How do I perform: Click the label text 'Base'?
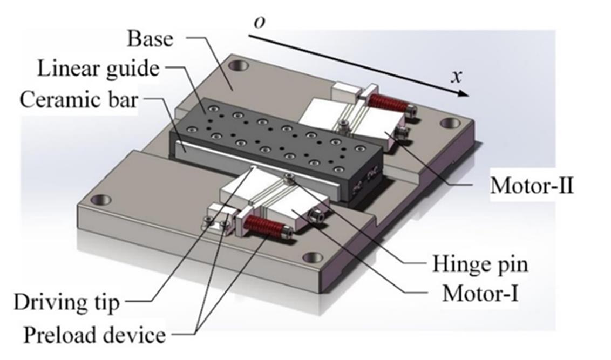click(x=150, y=39)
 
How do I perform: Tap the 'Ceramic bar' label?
click(x=78, y=100)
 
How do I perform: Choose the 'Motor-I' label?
click(x=480, y=294)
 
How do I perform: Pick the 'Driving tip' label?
click(x=66, y=302)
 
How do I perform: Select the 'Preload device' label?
click(x=94, y=335)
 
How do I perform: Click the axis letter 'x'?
click(x=457, y=76)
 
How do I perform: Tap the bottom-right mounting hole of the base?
click(x=313, y=257)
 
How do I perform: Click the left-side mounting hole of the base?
click(x=100, y=200)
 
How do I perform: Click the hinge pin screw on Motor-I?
click(x=291, y=176)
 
